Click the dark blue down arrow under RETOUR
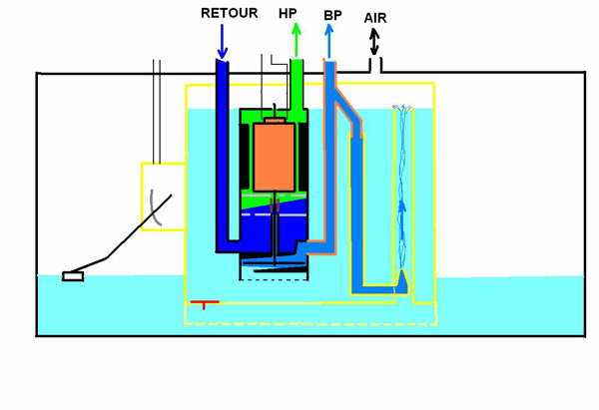pyautogui.click(x=222, y=41)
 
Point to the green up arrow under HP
pyautogui.click(x=296, y=40)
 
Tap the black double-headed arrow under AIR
pyautogui.click(x=375, y=43)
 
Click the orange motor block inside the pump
pyautogui.click(x=273, y=157)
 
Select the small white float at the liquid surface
pyautogui.click(x=73, y=275)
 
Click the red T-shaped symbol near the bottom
pyautogui.click(x=204, y=303)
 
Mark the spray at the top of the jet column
pyautogui.click(x=404, y=112)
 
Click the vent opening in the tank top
pyautogui.click(x=375, y=71)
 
